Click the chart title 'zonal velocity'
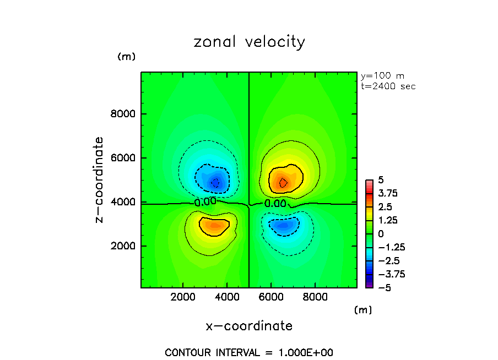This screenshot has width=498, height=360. tap(249, 42)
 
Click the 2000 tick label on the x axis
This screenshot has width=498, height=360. tap(183, 297)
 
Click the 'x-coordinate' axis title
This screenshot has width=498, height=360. tap(249, 326)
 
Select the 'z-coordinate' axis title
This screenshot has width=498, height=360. tap(99, 179)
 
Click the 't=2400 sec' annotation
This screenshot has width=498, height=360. tap(388, 86)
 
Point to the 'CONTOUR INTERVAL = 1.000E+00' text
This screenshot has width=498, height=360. tap(249, 352)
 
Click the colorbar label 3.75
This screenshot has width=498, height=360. tap(388, 194)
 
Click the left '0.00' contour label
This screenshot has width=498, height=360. tap(205, 201)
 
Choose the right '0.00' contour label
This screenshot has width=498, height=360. tap(275, 203)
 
